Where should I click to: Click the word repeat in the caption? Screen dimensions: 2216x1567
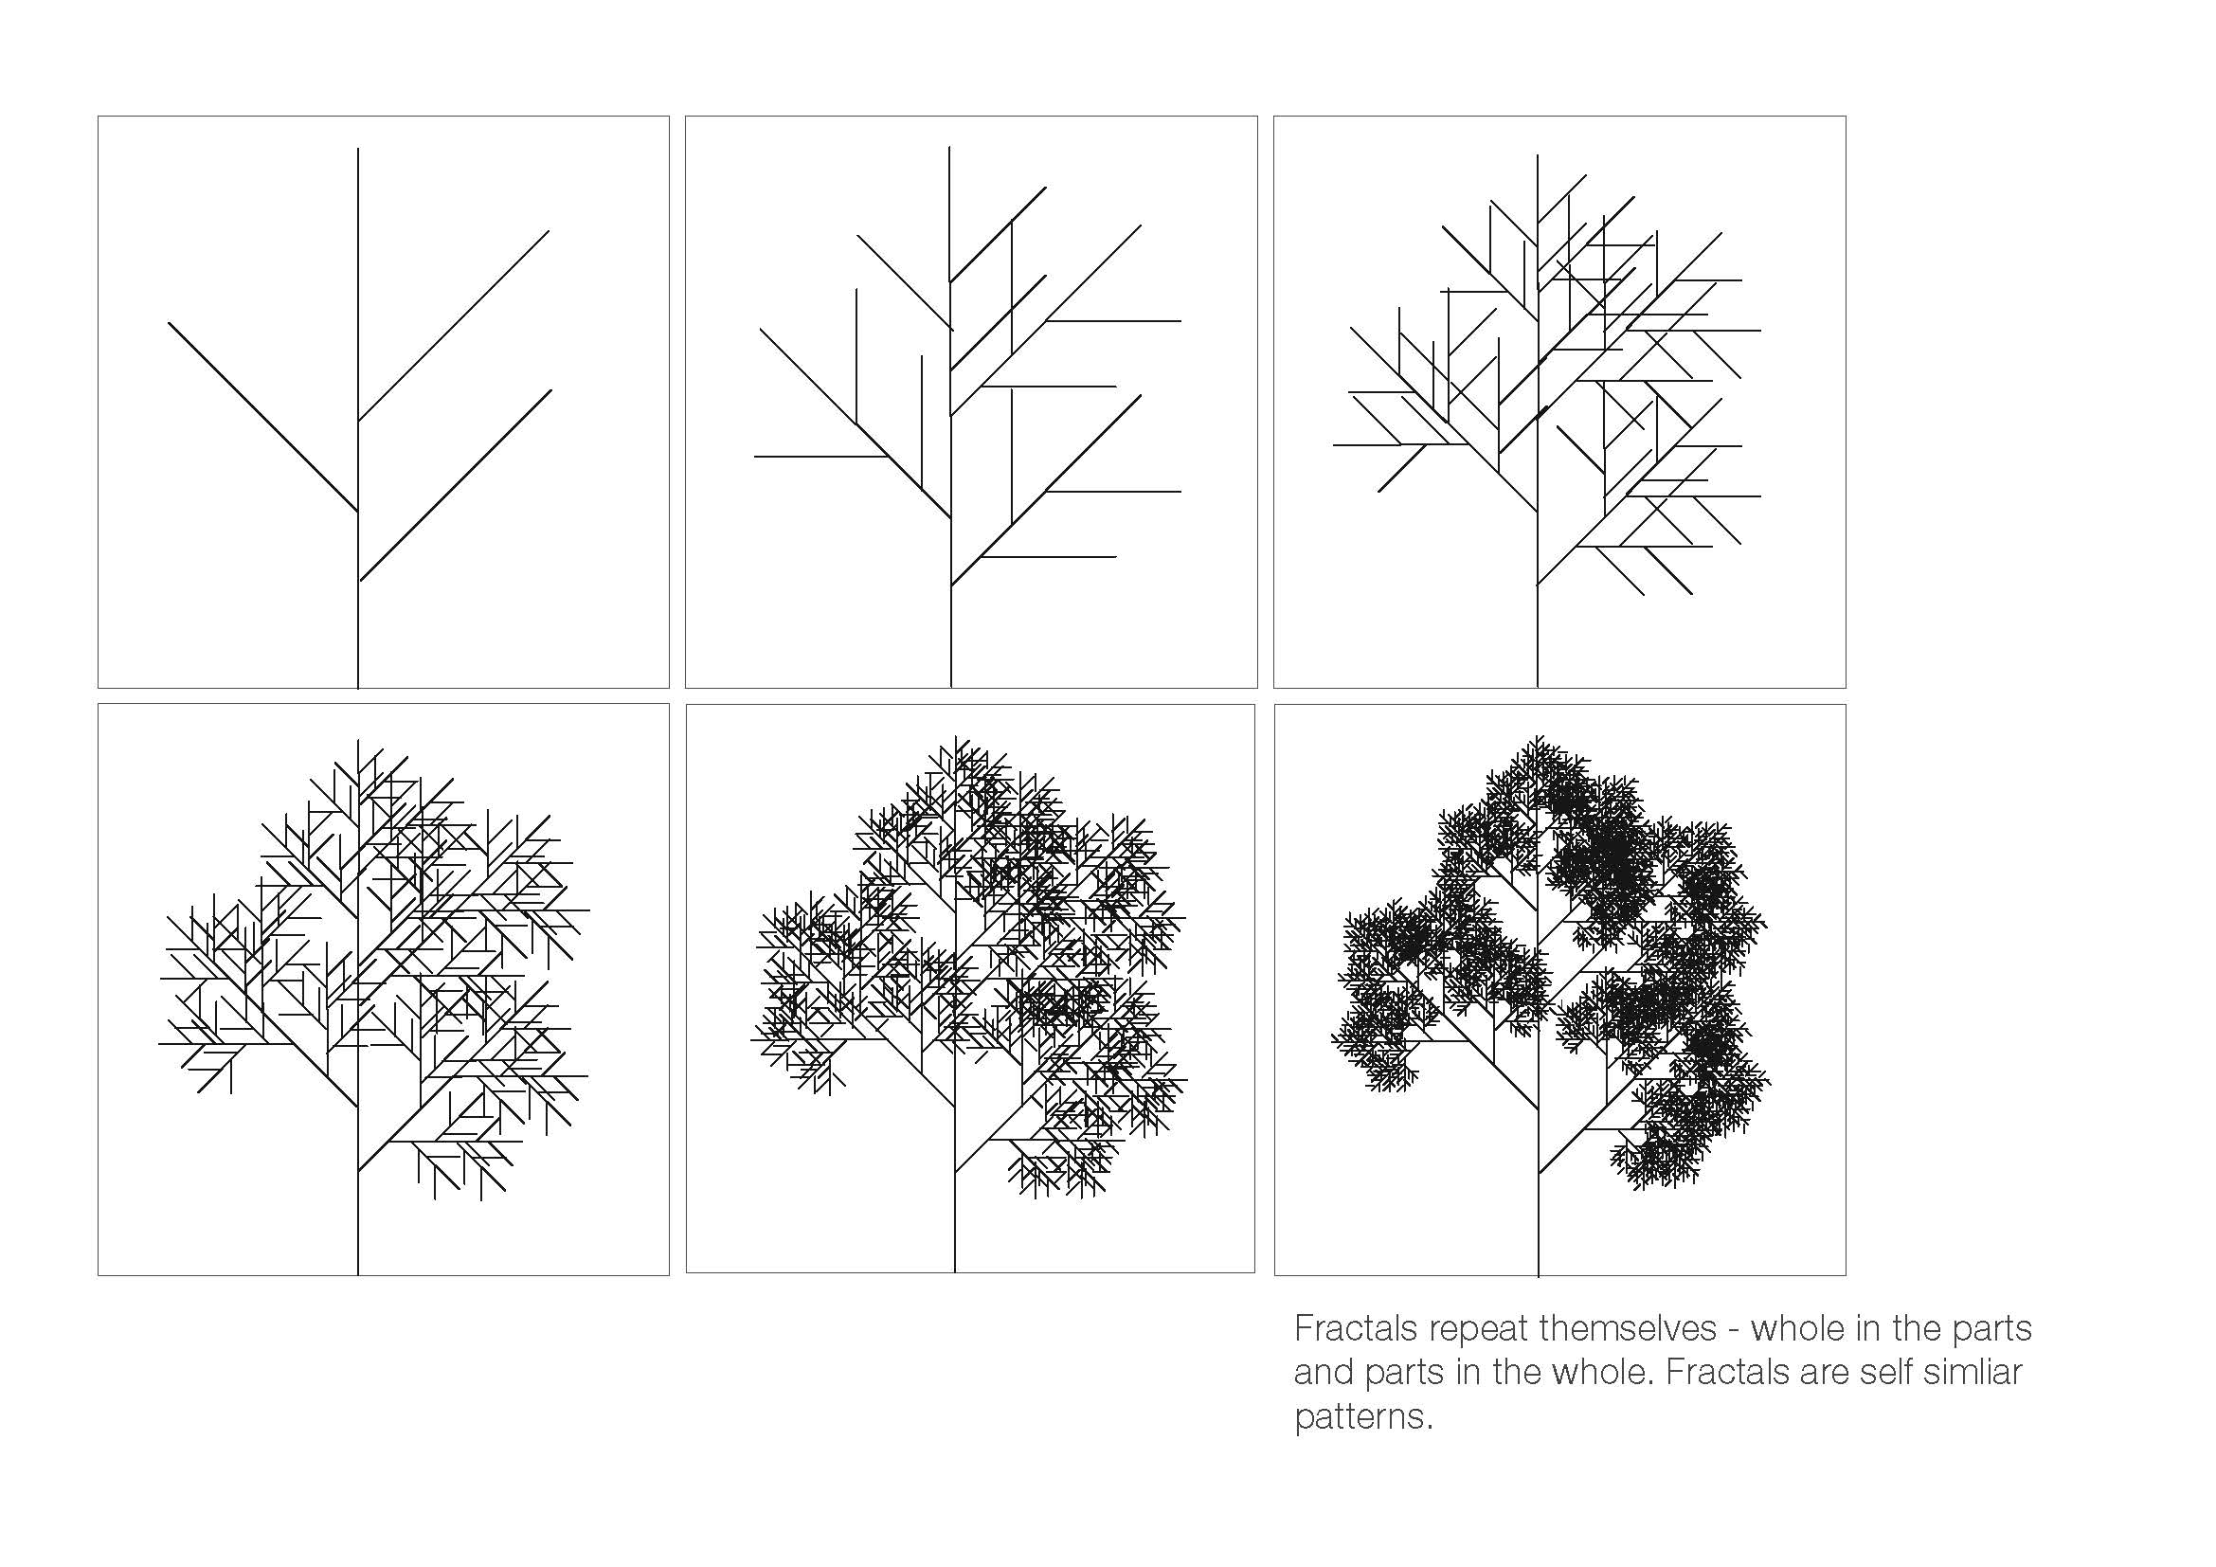coord(1479,1329)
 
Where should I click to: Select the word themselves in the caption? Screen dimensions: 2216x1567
coord(1628,1328)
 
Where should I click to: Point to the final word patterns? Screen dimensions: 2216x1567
coord(1363,1417)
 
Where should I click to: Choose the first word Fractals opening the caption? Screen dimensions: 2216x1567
coord(1356,1328)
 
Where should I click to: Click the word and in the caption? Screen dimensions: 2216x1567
coord(1324,1372)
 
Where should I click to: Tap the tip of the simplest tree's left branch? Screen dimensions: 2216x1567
coord(169,323)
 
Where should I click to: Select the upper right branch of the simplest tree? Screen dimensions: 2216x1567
coord(454,325)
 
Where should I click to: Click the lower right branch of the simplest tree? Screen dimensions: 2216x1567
coord(456,485)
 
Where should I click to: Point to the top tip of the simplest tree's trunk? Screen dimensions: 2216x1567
coord(358,149)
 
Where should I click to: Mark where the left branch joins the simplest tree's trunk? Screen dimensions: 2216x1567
coord(358,512)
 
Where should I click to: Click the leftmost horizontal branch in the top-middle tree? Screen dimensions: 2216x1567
coord(820,456)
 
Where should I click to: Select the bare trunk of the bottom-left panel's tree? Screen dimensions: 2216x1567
coord(358,1222)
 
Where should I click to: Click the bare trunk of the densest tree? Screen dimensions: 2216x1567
coord(1539,1224)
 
